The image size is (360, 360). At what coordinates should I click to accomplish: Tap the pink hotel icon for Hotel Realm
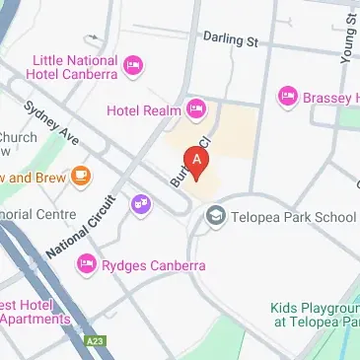[196, 108]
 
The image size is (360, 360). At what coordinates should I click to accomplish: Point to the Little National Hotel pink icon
[134, 65]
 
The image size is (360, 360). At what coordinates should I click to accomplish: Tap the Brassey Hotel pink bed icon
[288, 96]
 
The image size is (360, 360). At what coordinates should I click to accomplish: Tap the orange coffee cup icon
[81, 178]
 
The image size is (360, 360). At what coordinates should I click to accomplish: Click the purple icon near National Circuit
[142, 205]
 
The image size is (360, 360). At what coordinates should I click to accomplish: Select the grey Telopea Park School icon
[217, 216]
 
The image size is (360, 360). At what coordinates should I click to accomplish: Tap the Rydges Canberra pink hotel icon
[87, 264]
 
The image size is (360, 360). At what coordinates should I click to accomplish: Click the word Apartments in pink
[36, 319]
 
